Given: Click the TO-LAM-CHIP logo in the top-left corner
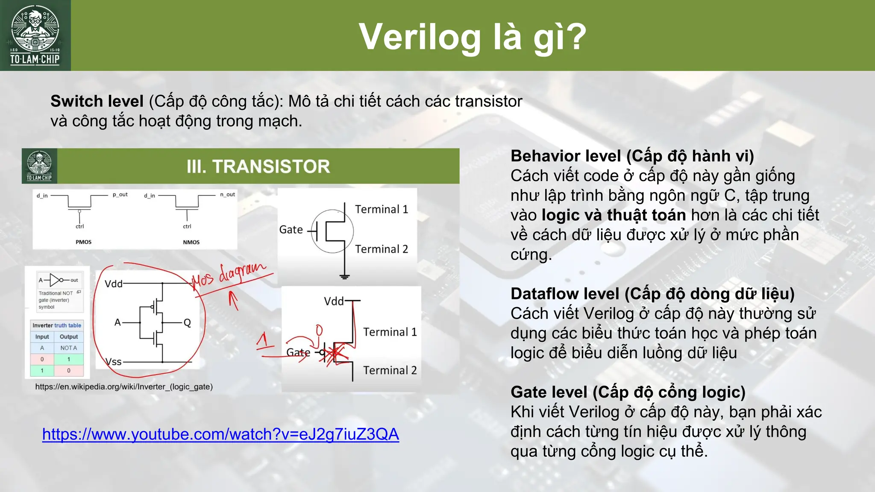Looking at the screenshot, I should tap(35, 35).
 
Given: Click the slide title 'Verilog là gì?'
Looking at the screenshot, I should tap(473, 37).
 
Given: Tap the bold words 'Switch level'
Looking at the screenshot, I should tap(97, 101).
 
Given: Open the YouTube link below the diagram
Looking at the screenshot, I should tap(220, 434).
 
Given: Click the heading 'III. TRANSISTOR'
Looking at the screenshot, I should tap(258, 166).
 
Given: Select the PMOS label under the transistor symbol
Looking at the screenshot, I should tap(83, 242).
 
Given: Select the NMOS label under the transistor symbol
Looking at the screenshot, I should tap(191, 242).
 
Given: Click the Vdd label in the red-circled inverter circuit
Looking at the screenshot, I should tap(113, 284).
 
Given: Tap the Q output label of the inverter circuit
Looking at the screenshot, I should tap(187, 322).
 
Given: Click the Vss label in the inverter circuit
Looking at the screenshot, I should tap(114, 362).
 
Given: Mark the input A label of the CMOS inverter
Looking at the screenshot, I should tap(117, 322).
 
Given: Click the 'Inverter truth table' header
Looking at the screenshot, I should tap(57, 325).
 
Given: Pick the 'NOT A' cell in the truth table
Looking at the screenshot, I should tap(68, 348).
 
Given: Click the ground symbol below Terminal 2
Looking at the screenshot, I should tap(344, 276).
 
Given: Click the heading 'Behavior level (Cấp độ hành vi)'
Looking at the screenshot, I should tap(632, 156).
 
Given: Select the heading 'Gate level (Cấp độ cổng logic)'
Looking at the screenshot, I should tap(628, 392).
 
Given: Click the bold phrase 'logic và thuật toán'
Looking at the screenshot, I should tap(614, 215).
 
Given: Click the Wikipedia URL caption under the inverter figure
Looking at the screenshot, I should tap(124, 387).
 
